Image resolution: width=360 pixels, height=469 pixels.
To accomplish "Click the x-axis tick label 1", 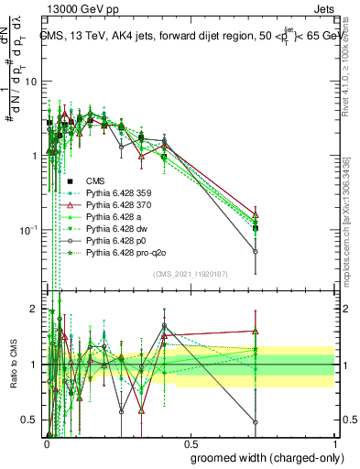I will click(x=334, y=443).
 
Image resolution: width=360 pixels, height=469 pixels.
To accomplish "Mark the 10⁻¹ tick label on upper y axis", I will click(x=29, y=229).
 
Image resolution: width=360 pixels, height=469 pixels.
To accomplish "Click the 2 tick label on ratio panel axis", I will click(x=37, y=309).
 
